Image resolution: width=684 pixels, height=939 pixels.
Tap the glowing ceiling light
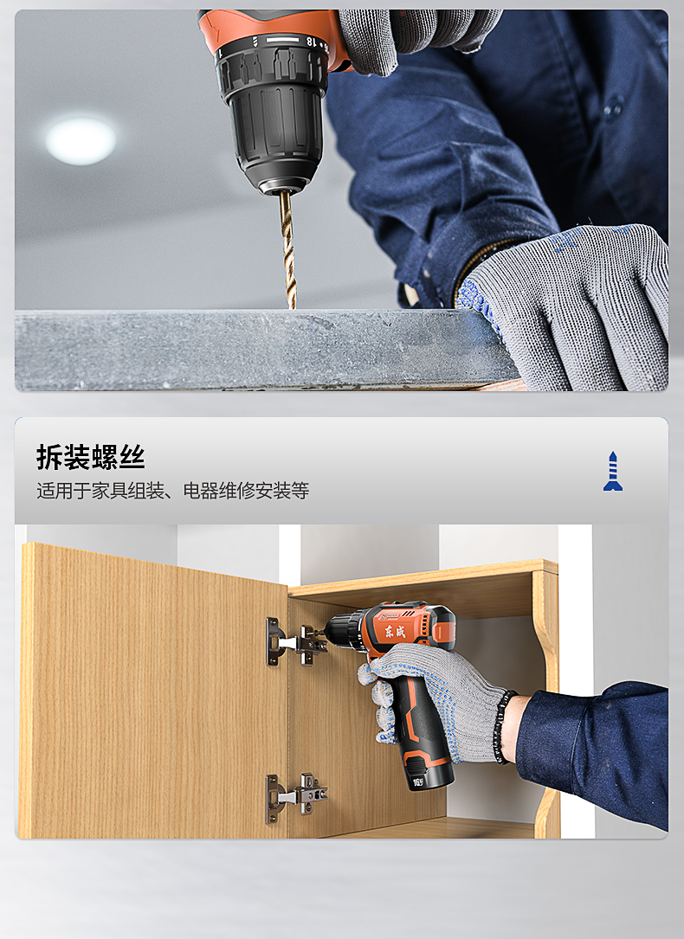(x=81, y=141)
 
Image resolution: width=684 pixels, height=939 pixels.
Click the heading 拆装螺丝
(x=90, y=457)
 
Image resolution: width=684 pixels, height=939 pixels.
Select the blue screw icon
(x=613, y=472)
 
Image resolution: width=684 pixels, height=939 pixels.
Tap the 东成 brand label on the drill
(x=395, y=629)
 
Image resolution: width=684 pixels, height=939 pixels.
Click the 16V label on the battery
(x=418, y=781)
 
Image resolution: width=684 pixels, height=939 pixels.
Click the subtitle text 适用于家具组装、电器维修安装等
(x=172, y=491)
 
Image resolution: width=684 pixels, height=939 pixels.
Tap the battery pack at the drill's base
(x=429, y=770)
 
